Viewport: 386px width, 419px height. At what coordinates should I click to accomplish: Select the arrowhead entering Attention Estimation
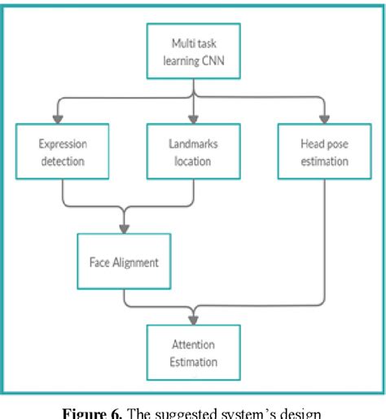click(193, 319)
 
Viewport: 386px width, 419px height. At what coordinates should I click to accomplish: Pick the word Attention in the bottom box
click(193, 342)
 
